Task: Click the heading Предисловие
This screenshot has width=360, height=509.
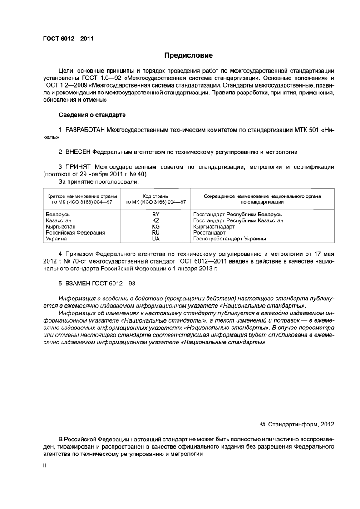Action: [188, 55]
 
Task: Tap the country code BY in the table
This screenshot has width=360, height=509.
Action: [156, 214]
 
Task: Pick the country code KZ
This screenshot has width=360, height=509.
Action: [156, 220]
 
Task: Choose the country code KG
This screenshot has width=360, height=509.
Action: [156, 226]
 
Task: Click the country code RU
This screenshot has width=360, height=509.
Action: [156, 232]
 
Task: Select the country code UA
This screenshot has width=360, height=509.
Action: [156, 238]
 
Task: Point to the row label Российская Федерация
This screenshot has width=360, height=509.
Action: [75, 232]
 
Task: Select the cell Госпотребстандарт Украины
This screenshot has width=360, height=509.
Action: [229, 238]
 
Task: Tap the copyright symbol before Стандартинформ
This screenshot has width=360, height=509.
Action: [262, 425]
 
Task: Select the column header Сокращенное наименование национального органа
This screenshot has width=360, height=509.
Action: [262, 196]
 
